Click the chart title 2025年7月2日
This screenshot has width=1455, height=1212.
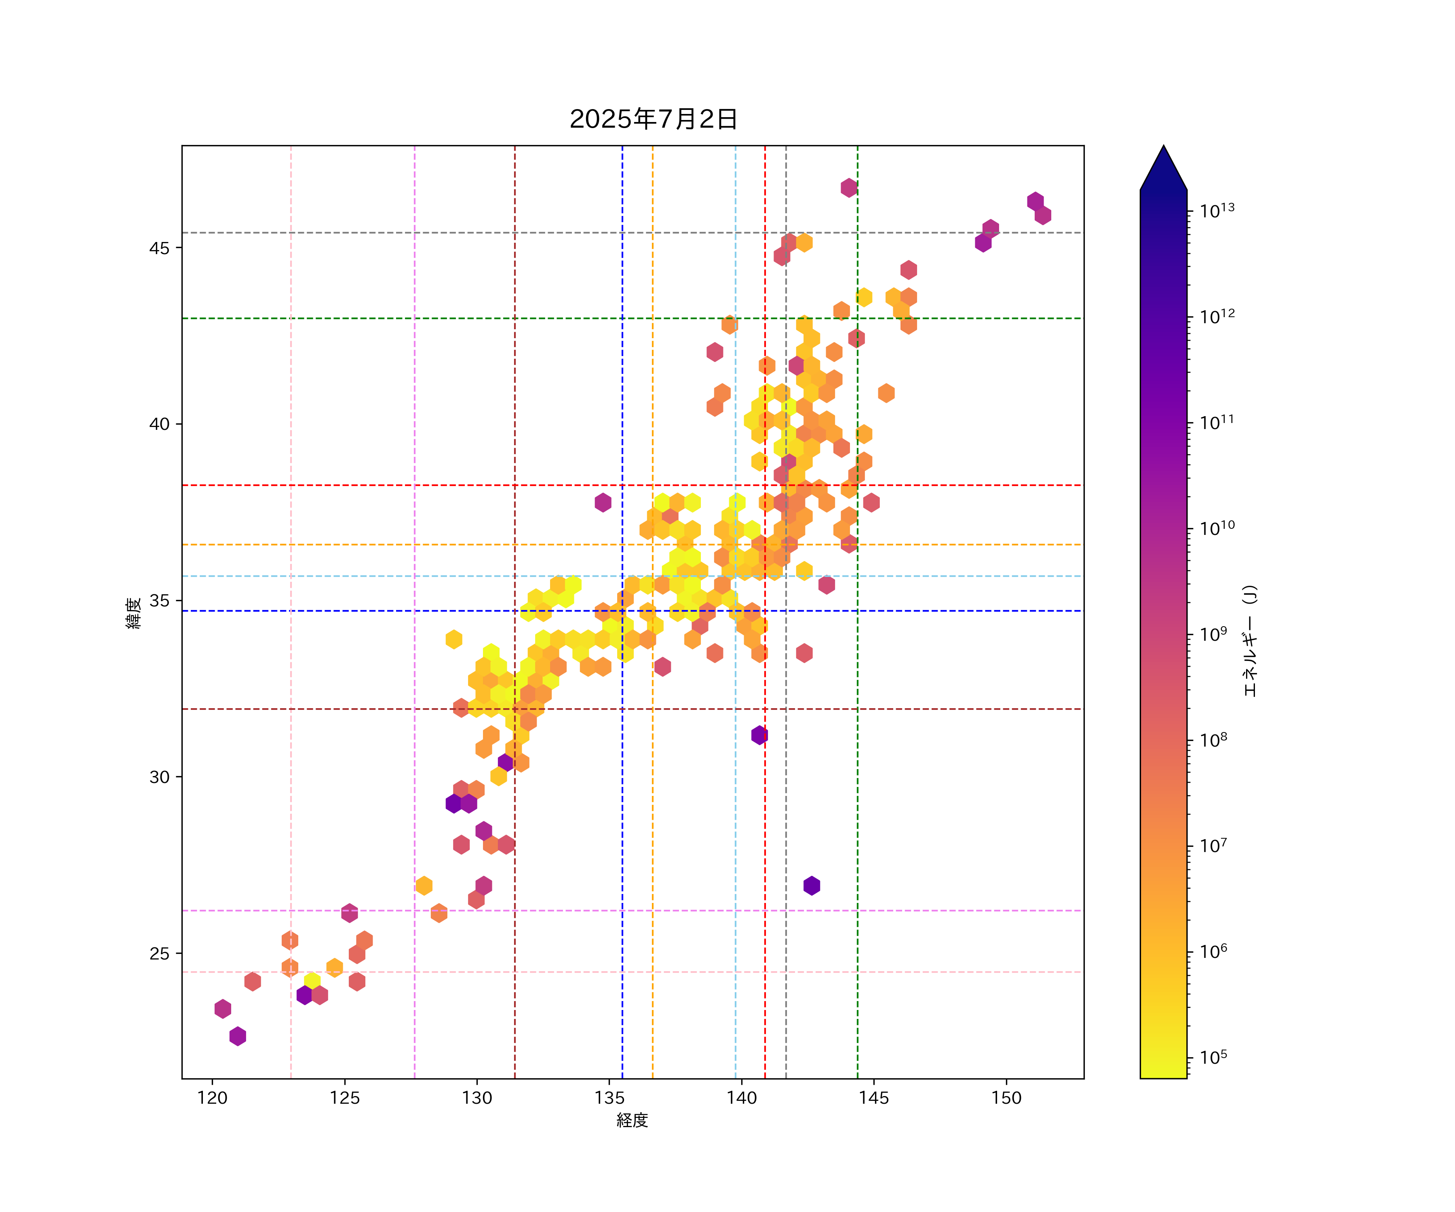click(654, 119)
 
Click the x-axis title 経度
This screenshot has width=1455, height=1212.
click(632, 1120)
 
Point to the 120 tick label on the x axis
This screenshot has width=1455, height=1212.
click(213, 1098)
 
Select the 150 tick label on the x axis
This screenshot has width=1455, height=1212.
click(1006, 1098)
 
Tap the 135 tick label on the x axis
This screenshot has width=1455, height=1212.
click(609, 1098)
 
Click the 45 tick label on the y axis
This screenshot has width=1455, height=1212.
click(159, 248)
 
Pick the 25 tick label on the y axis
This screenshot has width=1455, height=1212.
click(159, 954)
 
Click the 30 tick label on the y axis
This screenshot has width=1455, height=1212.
click(159, 777)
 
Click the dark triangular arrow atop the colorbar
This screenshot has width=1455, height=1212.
click(1163, 170)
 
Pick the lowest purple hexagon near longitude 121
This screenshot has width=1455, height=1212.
click(238, 1036)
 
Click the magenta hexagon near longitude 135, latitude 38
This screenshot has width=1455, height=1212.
click(603, 502)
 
